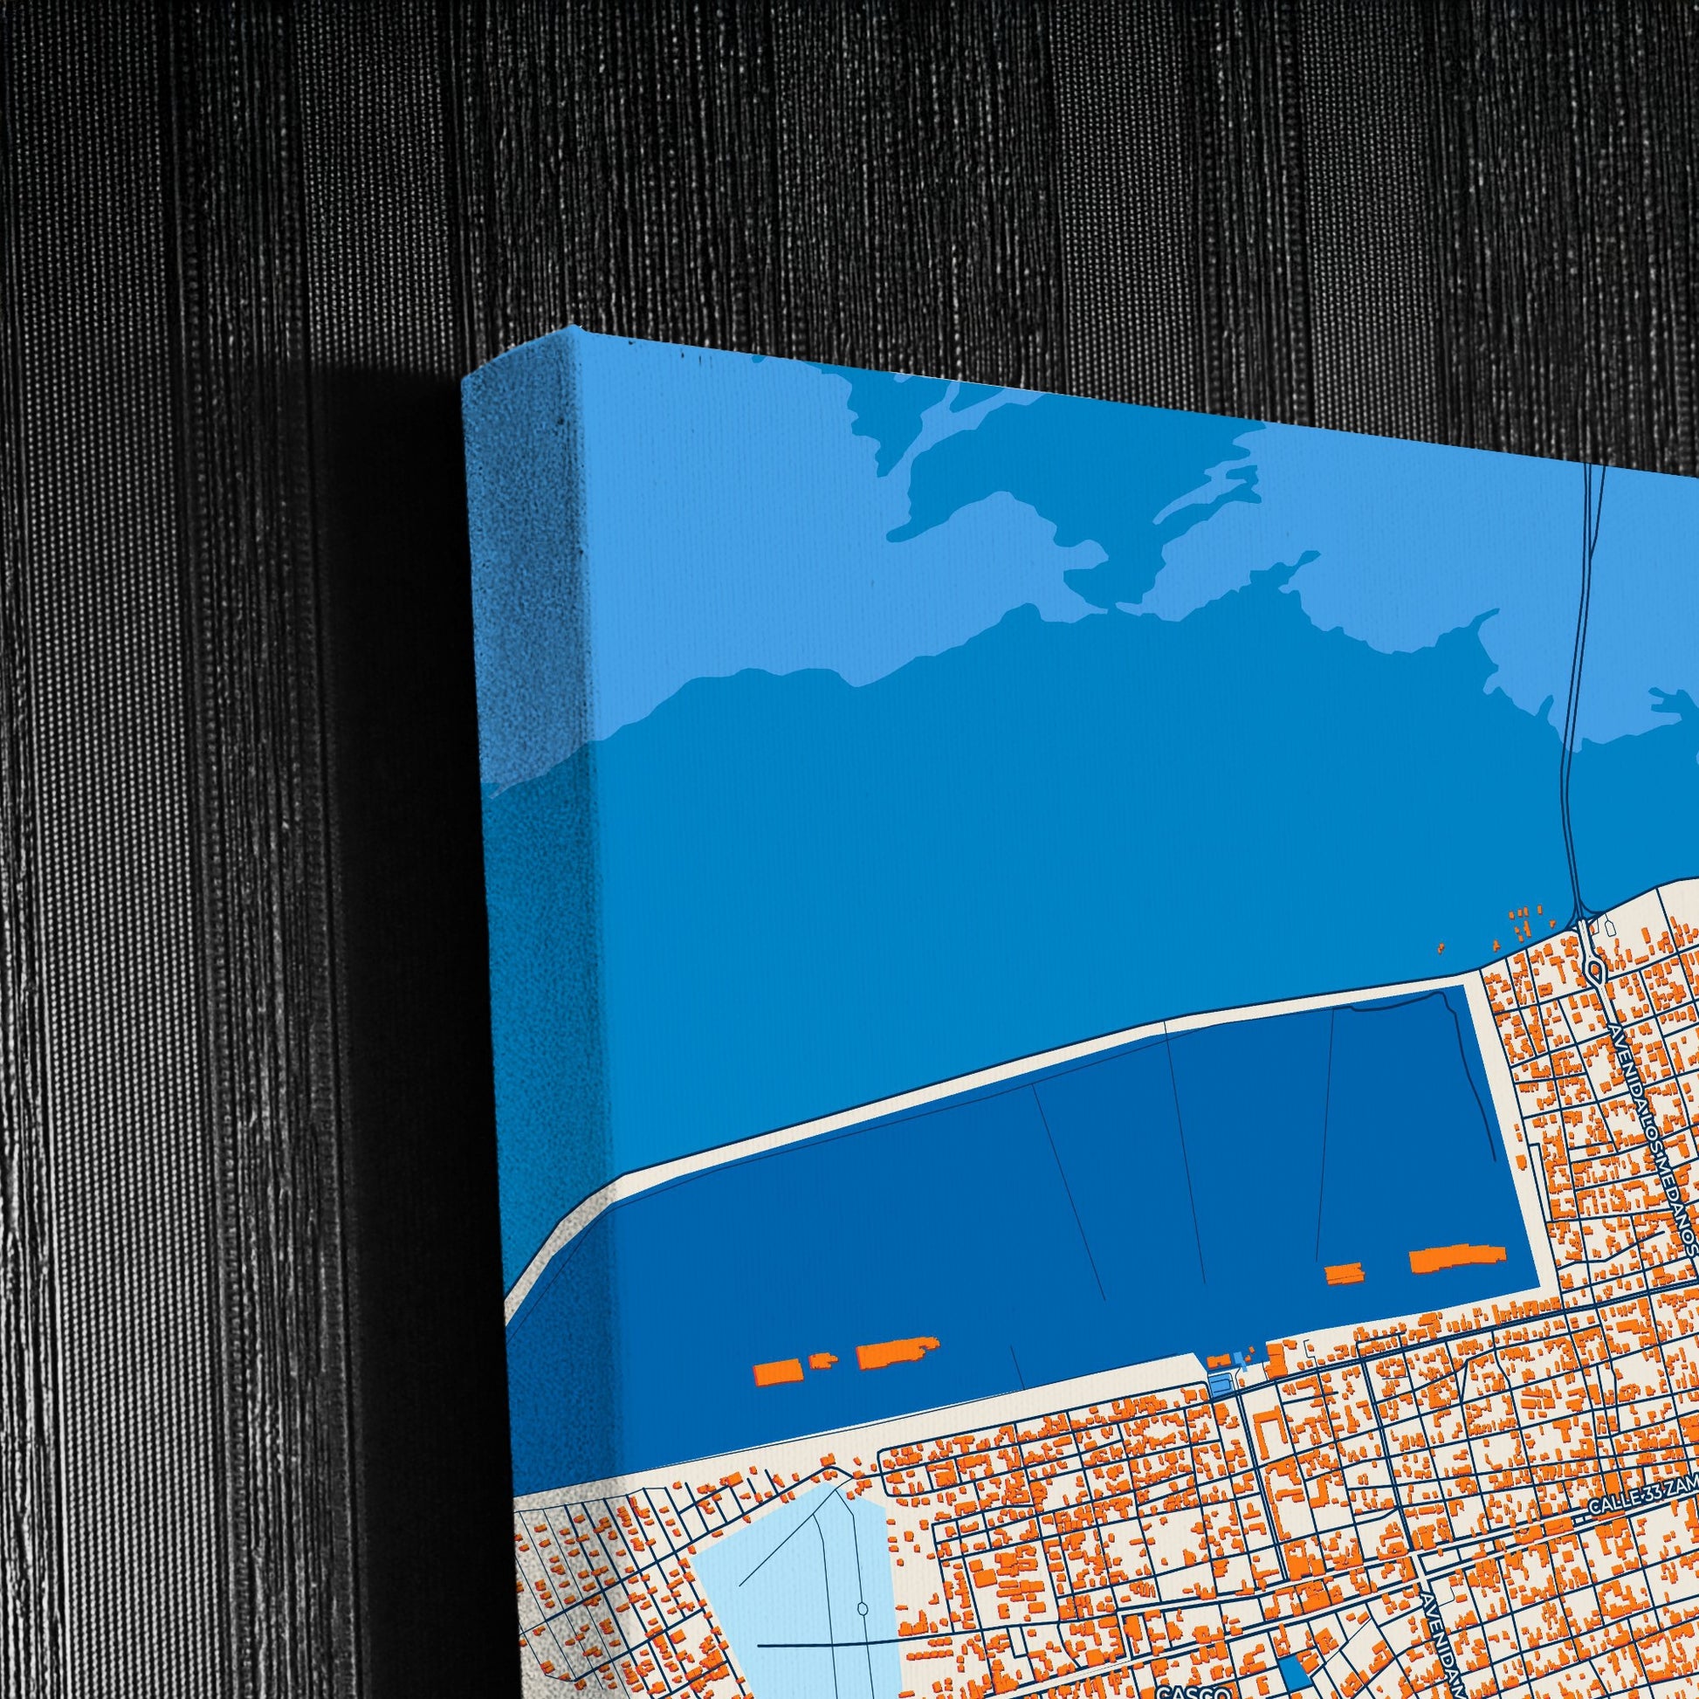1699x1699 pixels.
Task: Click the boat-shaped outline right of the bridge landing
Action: coord(1608,925)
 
